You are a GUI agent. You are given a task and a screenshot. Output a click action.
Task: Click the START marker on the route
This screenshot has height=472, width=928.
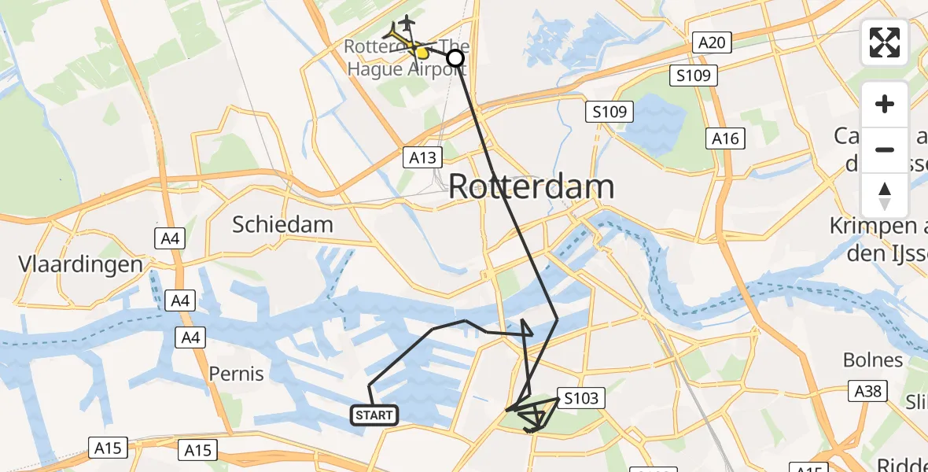375,415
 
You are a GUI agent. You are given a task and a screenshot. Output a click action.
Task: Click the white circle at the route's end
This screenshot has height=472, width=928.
455,57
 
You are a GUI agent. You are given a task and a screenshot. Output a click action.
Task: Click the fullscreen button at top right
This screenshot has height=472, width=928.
885,42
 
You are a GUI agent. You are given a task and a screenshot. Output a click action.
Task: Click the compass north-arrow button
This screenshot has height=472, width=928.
885,196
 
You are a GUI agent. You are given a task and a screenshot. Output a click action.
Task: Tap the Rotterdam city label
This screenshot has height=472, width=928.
532,187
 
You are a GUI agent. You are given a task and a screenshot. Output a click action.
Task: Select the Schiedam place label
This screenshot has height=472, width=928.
282,224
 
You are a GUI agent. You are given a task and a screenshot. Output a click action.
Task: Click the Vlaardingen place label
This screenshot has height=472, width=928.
82,264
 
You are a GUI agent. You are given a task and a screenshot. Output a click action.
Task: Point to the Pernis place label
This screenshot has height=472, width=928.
237,373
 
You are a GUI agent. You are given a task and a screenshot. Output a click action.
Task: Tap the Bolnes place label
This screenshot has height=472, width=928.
873,360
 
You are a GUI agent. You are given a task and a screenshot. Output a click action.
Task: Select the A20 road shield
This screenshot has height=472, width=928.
711,42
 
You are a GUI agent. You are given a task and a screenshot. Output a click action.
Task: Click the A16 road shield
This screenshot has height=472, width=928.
724,138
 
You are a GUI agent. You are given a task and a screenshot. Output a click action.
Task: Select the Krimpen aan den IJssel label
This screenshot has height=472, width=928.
878,239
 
